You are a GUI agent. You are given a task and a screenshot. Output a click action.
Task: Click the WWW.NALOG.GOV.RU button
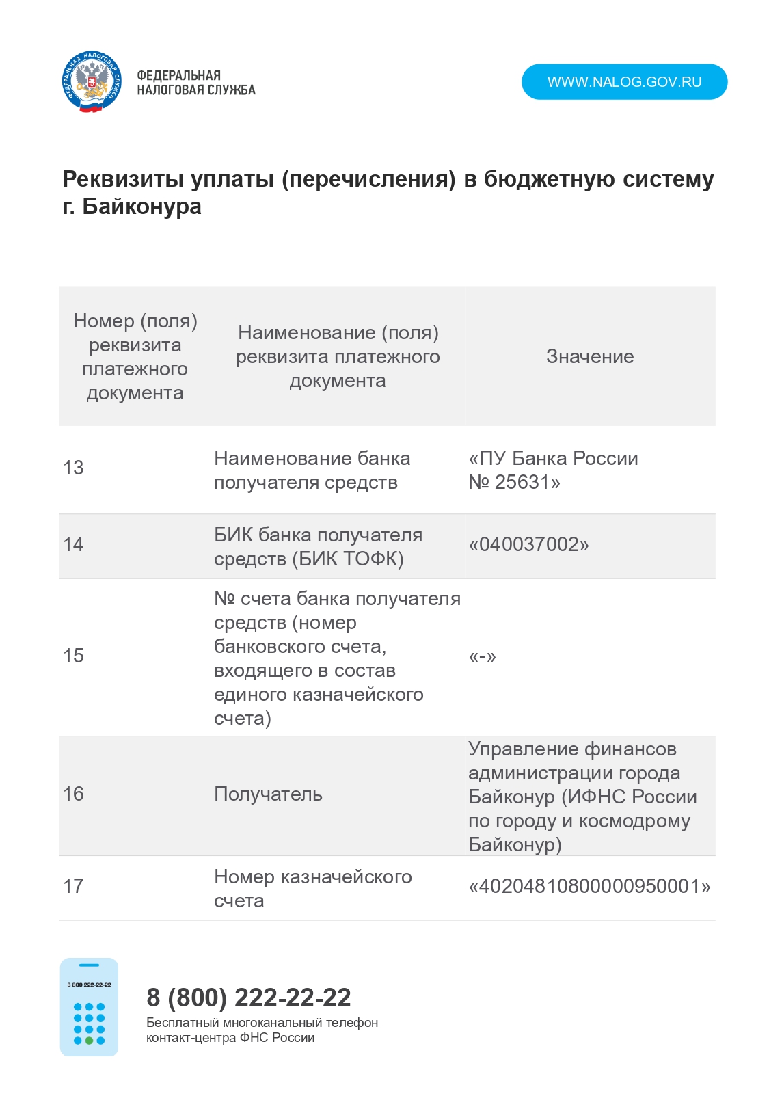[x=624, y=82]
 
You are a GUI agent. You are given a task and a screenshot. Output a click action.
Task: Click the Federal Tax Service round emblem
[x=92, y=82]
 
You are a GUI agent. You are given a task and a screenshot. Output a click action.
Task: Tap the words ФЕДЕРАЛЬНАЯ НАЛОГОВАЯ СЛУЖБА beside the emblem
[x=195, y=83]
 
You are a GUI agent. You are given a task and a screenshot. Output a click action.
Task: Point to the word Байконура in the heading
[x=141, y=206]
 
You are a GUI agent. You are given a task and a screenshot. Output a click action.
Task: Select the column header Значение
[x=590, y=356]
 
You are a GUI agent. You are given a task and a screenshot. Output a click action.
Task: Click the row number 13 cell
[x=73, y=468]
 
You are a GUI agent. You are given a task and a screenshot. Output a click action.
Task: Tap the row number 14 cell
[x=73, y=545]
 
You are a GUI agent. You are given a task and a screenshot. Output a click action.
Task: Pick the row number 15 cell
[x=73, y=656]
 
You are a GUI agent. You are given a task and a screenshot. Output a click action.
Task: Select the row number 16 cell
[x=73, y=794]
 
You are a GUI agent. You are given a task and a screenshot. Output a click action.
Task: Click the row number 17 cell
[x=73, y=887]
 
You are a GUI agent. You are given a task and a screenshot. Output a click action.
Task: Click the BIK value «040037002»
[x=528, y=545]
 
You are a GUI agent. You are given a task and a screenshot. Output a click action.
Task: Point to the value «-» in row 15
[x=482, y=657]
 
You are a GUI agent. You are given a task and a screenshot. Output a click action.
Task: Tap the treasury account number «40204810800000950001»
[x=589, y=887]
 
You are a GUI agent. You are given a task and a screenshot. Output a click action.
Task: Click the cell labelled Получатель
[x=268, y=794]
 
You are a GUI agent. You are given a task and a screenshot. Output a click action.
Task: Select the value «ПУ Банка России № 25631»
[x=552, y=470]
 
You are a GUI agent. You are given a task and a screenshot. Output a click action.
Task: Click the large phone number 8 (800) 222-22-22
[x=249, y=998]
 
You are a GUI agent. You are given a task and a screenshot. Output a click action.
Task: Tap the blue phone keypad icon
[x=89, y=1007]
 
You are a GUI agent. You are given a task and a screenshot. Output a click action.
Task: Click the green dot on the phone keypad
[x=89, y=1041]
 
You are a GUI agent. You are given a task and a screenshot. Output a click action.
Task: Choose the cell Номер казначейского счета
[x=312, y=888]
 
